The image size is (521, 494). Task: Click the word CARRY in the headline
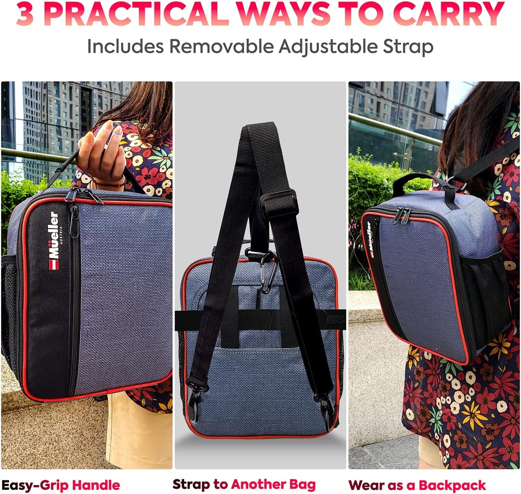tap(449, 13)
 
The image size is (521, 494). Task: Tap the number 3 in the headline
tap(24, 13)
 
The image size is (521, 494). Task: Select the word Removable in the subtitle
tap(221, 46)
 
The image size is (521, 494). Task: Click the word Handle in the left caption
tap(96, 485)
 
